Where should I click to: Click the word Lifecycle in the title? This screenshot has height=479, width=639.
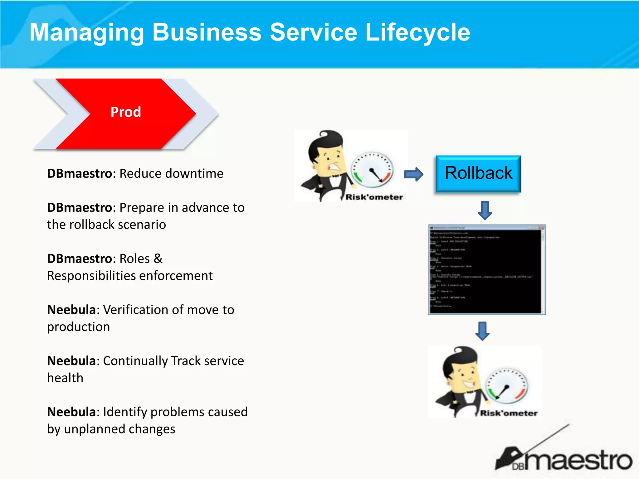click(x=417, y=32)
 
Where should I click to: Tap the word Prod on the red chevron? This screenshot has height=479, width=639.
click(x=126, y=112)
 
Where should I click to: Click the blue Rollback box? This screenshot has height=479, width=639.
click(x=478, y=173)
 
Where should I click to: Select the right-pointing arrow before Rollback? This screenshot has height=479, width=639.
click(x=414, y=174)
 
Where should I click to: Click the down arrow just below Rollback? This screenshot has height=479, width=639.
click(x=485, y=210)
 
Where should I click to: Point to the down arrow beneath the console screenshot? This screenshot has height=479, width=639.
click(x=482, y=331)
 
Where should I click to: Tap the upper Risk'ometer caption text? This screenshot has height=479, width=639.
click(x=374, y=197)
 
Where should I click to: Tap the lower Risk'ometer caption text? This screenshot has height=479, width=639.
click(x=509, y=413)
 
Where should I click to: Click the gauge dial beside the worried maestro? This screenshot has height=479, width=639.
click(x=372, y=170)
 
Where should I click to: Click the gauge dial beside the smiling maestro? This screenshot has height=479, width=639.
click(x=507, y=386)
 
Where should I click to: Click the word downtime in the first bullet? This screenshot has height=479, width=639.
click(x=194, y=173)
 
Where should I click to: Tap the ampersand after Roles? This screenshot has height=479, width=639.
click(x=158, y=259)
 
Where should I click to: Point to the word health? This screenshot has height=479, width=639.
click(x=65, y=378)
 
